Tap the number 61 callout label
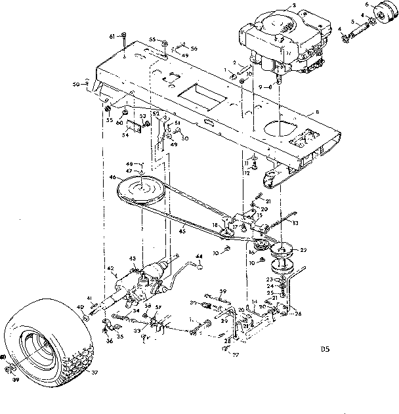pos(112,34)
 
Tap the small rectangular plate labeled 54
pos(134,125)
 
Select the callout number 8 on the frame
pos(318,114)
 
